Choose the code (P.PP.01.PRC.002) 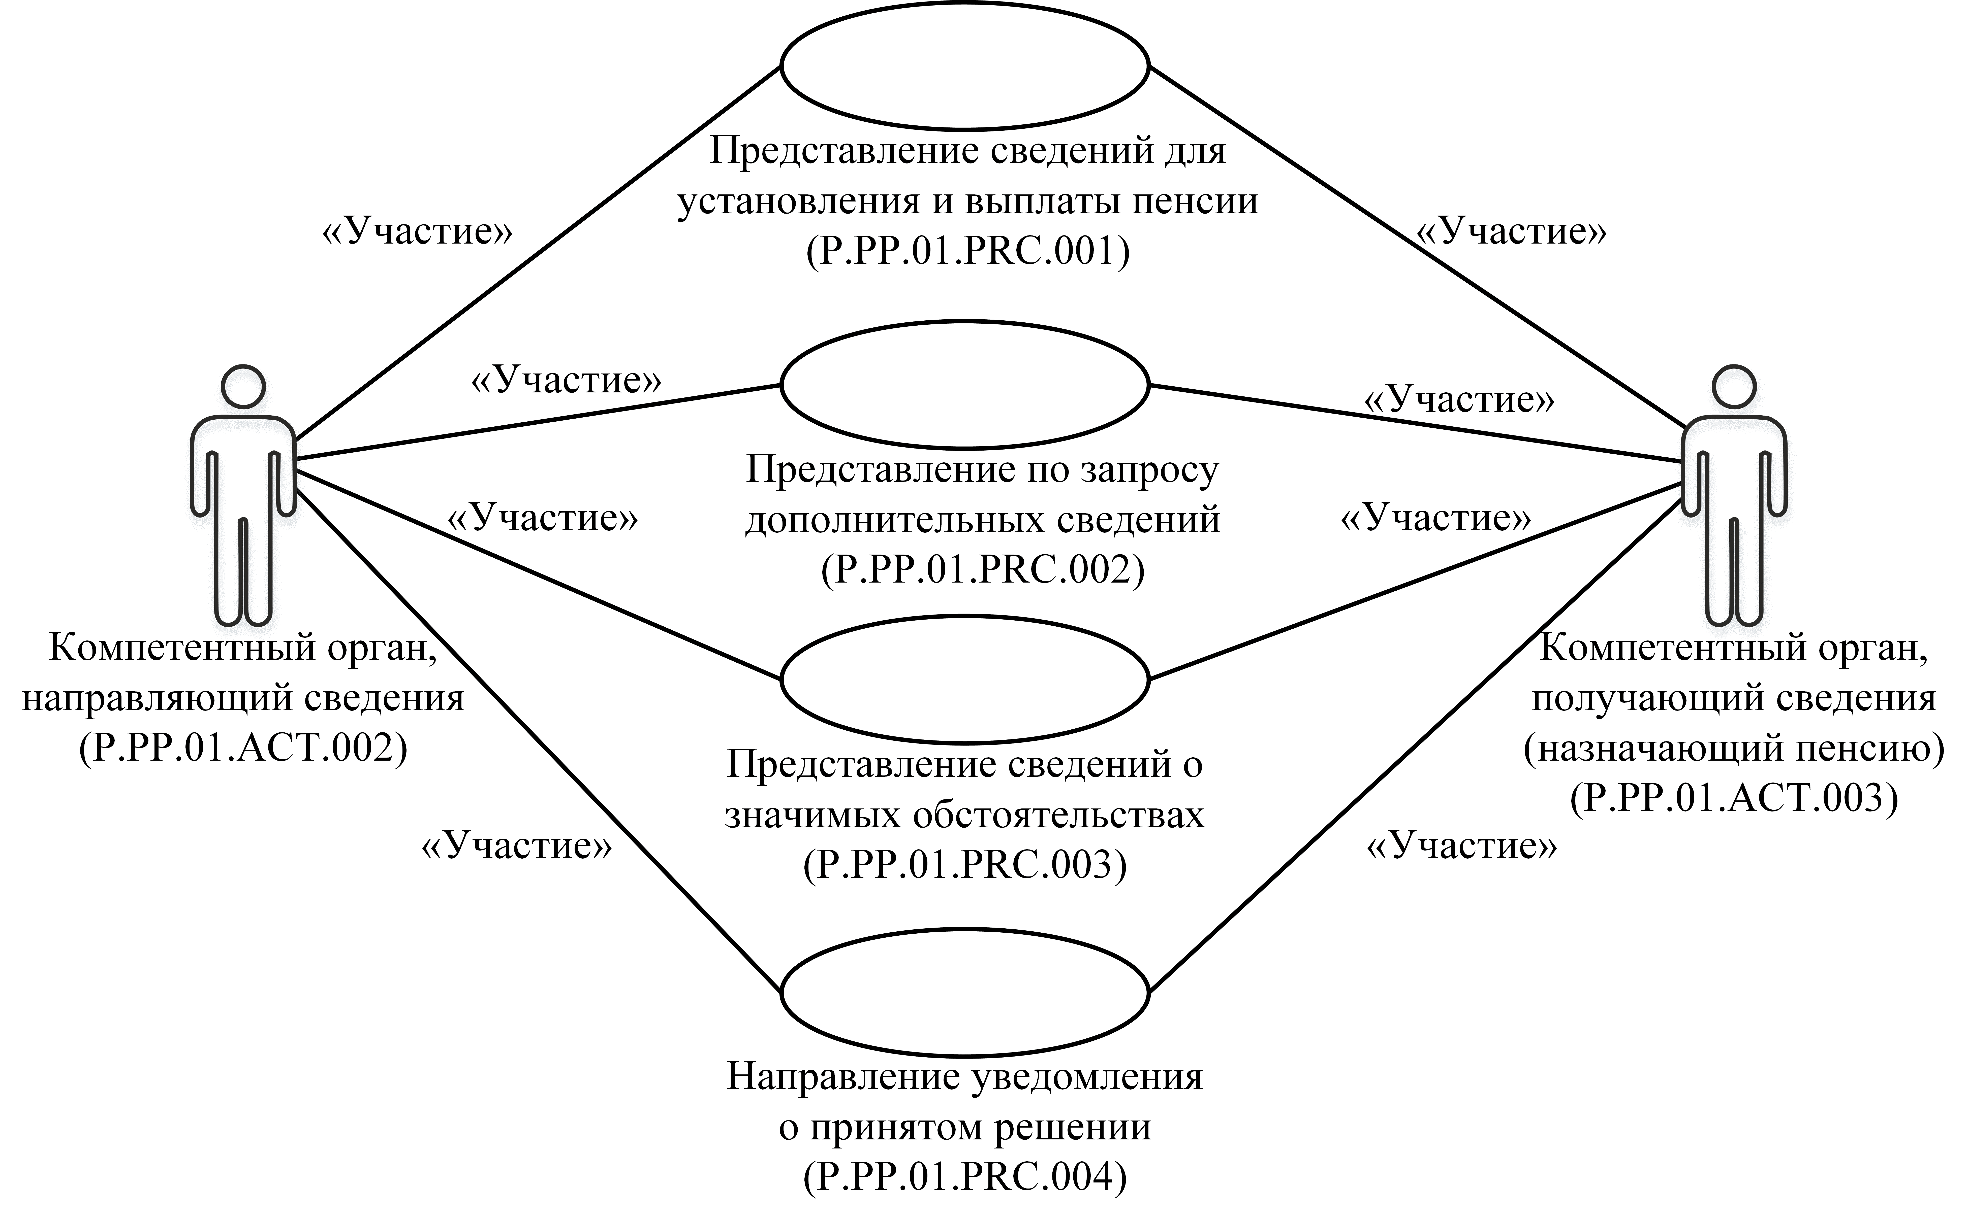982,570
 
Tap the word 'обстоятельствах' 1058,816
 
